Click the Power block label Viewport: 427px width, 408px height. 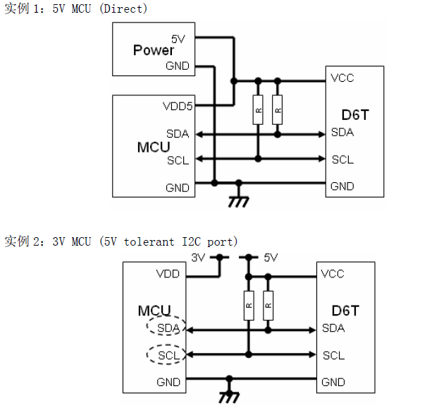click(154, 50)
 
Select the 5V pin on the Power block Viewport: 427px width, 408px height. click(178, 39)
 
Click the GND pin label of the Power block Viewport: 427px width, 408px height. click(178, 66)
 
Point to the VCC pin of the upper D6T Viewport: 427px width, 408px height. click(342, 78)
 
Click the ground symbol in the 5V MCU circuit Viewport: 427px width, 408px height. click(239, 200)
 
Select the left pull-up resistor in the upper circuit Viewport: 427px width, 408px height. click(258, 109)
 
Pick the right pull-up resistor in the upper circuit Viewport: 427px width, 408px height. click(278, 109)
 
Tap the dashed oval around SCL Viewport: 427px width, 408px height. click(166, 355)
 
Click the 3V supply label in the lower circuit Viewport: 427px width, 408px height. click(198, 258)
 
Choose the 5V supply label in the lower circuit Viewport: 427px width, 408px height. click(271, 258)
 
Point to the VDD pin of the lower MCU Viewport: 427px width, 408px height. click(168, 274)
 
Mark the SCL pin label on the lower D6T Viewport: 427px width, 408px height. click(333, 355)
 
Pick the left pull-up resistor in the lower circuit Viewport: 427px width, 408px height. click(248, 304)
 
